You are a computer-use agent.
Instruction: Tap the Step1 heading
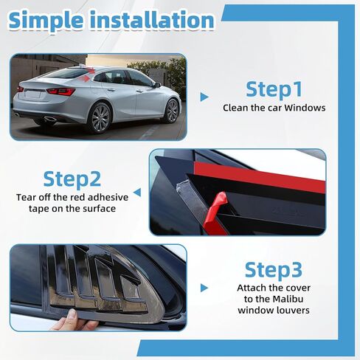[274, 89]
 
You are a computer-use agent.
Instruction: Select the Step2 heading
[72, 179]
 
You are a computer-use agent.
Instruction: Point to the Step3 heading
[273, 269]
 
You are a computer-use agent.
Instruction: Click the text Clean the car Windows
[274, 108]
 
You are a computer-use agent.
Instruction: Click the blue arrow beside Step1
[204, 97]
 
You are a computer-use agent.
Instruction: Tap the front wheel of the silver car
[172, 111]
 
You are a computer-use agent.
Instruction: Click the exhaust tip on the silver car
[49, 118]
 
